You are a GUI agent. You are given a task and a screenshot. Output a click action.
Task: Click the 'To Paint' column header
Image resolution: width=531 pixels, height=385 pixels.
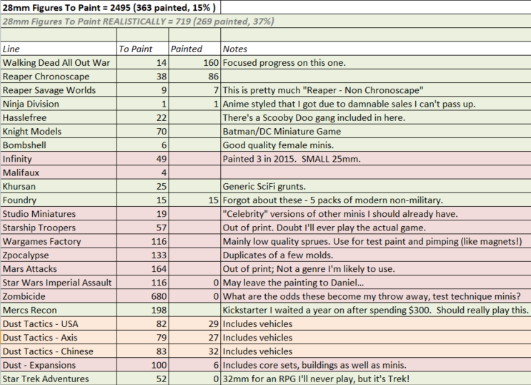136,49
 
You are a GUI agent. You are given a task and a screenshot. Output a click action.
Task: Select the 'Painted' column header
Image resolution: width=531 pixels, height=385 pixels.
187,49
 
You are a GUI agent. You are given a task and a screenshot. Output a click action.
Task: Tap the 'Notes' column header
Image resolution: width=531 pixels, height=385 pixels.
235,49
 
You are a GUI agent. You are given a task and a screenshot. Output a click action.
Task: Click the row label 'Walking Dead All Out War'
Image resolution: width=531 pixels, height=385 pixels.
56,63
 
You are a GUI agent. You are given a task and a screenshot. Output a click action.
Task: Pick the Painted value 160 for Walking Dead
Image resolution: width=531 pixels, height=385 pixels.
211,63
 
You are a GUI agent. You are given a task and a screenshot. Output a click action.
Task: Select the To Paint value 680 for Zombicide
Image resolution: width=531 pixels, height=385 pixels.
159,296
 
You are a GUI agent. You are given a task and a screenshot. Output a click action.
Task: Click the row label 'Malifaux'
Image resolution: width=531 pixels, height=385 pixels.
21,172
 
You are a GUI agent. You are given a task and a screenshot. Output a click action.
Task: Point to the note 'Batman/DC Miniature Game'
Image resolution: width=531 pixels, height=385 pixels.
282,132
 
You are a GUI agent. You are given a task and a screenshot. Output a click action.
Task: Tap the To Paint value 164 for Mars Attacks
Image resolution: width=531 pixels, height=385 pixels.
159,269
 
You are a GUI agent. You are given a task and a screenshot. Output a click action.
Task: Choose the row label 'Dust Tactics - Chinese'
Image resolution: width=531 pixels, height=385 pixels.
48,351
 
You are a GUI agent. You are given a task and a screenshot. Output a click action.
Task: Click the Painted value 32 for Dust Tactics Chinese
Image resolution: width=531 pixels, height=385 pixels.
214,351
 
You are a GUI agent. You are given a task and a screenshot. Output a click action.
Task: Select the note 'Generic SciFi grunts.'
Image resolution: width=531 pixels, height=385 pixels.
264,187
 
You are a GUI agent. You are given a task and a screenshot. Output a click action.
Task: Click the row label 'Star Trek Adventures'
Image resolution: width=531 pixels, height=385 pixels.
46,379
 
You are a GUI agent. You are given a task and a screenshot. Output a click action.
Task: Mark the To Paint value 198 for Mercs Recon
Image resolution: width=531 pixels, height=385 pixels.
159,310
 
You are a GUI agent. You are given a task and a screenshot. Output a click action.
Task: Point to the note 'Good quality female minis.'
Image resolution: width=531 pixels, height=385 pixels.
278,145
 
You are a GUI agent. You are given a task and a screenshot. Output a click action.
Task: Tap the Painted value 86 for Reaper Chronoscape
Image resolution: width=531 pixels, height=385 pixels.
214,77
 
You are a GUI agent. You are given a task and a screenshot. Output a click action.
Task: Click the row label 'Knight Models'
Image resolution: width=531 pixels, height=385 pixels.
32,132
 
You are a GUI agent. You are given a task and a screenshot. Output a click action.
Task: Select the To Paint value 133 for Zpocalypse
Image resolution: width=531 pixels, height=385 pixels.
159,255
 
